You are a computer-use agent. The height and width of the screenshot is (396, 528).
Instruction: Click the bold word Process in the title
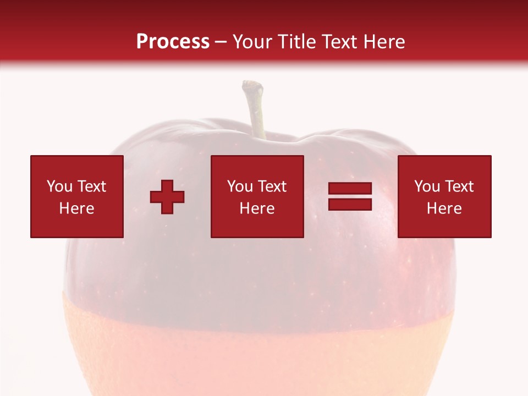173,41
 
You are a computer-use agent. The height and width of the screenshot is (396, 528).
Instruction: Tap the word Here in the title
382,41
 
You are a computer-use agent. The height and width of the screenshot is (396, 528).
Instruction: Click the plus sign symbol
167,197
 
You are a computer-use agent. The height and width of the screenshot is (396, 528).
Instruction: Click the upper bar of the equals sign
350,189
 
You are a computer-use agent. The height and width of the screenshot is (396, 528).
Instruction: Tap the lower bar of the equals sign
350,205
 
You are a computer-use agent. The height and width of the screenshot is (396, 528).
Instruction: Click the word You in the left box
59,186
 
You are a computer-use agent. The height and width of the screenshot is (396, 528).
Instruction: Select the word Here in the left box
76,208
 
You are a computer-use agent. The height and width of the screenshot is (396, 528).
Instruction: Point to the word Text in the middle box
272,186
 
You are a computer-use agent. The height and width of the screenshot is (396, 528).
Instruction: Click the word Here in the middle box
257,208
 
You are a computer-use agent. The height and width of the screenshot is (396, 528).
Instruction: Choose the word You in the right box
427,186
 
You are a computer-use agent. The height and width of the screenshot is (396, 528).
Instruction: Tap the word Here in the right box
444,208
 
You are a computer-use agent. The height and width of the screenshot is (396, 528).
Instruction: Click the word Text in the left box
91,186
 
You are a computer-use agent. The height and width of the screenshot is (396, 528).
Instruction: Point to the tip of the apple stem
252,85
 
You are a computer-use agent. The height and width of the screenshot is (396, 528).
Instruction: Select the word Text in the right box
459,186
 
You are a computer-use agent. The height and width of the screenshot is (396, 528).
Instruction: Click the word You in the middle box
240,186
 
